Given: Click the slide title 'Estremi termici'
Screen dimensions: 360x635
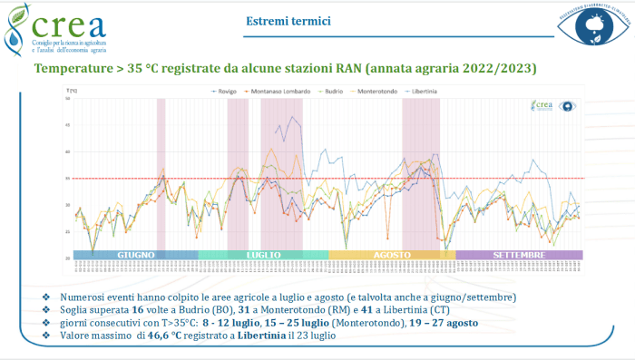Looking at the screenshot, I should [x=288, y=21].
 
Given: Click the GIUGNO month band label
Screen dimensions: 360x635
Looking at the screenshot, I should [x=135, y=256].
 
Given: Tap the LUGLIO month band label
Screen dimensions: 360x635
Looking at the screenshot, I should [x=263, y=256].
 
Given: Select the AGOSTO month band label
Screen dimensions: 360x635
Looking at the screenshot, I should [x=392, y=256].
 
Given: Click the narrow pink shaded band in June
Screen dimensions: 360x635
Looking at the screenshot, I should [x=161, y=172].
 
